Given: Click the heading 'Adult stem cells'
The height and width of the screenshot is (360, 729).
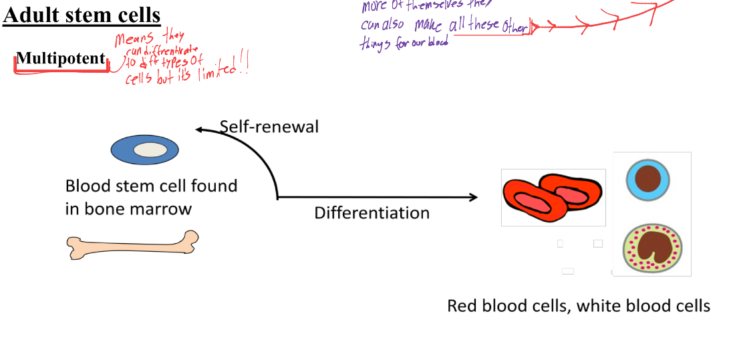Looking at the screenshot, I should (x=82, y=14).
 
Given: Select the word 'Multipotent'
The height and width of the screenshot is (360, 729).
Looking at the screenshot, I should (x=61, y=59).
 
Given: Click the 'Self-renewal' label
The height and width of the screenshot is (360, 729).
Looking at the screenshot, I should (x=269, y=126).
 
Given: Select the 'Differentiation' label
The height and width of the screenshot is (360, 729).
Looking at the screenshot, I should (x=372, y=213).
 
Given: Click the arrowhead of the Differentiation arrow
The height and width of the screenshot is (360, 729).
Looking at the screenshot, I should (x=474, y=197).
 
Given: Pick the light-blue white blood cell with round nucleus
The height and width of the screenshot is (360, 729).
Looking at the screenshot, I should (x=647, y=180).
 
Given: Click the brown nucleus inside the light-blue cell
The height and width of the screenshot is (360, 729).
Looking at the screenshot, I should (x=647, y=180).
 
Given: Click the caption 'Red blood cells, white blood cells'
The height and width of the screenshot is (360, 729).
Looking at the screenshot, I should (x=578, y=306).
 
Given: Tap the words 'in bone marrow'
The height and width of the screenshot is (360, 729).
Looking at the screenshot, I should (x=128, y=209).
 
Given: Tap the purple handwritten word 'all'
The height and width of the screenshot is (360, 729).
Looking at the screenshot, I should (x=457, y=25).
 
